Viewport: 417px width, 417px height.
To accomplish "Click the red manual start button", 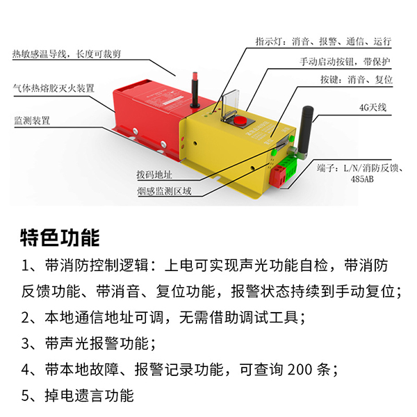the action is pyautogui.click(x=240, y=120).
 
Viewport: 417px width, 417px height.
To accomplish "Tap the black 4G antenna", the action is pyautogui.click(x=305, y=132).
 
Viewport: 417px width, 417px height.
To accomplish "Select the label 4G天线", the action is pyautogui.click(x=373, y=108).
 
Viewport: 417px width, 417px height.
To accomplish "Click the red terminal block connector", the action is pyautogui.click(x=277, y=176).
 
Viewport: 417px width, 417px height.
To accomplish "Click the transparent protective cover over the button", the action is pyautogui.click(x=230, y=104).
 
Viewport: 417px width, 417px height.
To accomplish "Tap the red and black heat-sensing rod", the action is pyautogui.click(x=195, y=90).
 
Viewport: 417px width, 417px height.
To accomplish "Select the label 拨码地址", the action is pyautogui.click(x=154, y=174).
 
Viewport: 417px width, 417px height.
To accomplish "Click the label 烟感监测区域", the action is pyautogui.click(x=164, y=191).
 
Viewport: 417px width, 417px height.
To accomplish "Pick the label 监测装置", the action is pyautogui.click(x=32, y=120).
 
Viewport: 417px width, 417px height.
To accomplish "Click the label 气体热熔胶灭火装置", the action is pyautogui.click(x=54, y=88).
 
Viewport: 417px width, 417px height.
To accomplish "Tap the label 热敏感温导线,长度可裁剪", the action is pyautogui.click(x=67, y=54).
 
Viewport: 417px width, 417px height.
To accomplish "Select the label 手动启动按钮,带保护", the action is pyautogui.click(x=345, y=62).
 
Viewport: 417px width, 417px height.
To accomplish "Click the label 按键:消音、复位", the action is pyautogui.click(x=357, y=79).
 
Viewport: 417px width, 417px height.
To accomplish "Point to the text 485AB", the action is pyautogui.click(x=362, y=179).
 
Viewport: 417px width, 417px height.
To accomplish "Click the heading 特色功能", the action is pyautogui.click(x=60, y=238).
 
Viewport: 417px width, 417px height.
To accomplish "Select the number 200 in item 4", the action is pyautogui.click(x=300, y=370).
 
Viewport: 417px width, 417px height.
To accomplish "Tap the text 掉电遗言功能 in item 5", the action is pyautogui.click(x=90, y=395).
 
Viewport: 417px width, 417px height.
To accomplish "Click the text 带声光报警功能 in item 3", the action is pyautogui.click(x=97, y=343).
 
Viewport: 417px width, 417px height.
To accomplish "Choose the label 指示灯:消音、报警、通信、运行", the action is pyautogui.click(x=323, y=41).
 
